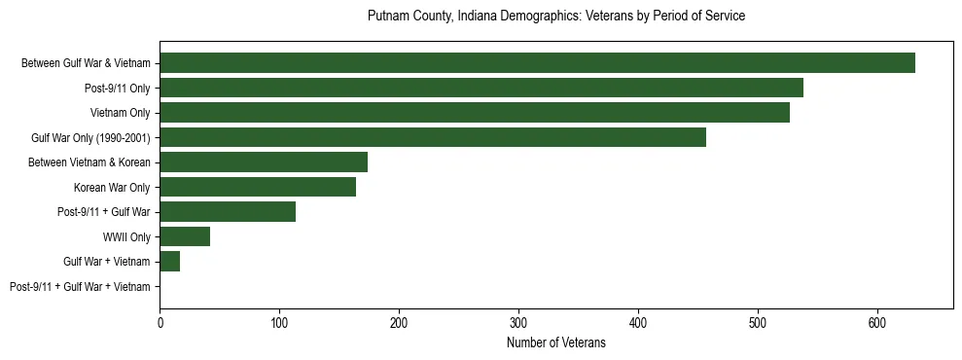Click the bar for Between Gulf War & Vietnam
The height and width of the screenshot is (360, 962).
point(537,63)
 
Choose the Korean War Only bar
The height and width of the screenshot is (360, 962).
point(258,187)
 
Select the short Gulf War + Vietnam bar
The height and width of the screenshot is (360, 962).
point(170,262)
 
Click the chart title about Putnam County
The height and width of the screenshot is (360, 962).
point(556,17)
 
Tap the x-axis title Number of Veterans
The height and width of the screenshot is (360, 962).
point(556,343)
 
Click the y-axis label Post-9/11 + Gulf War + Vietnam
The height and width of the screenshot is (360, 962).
point(80,287)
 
